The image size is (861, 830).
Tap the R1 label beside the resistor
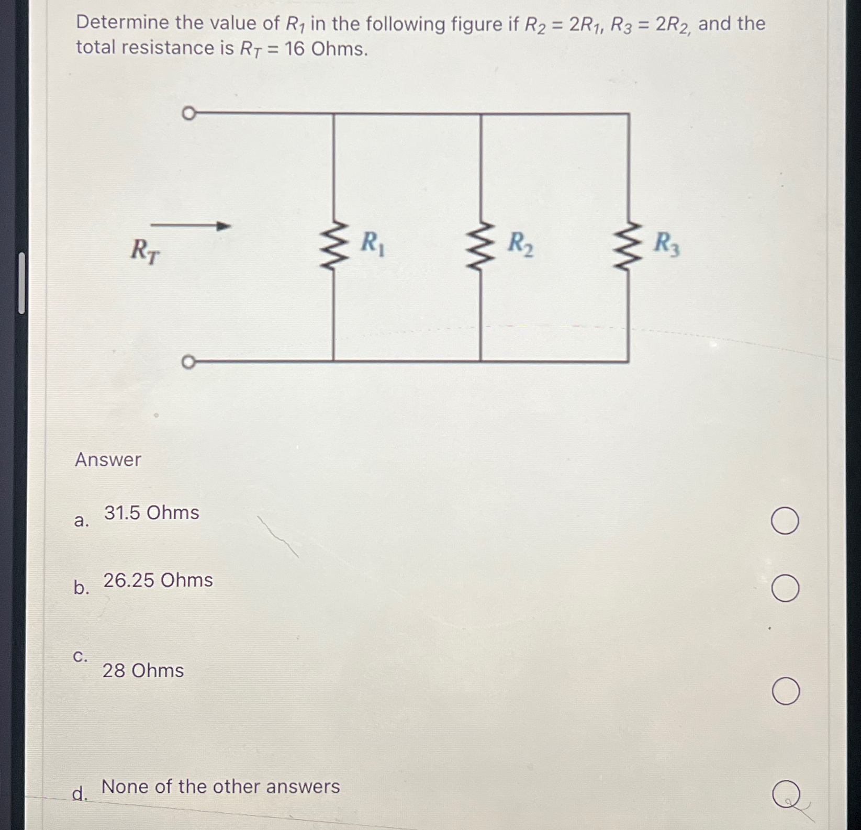click(373, 244)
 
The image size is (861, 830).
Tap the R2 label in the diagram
click(520, 244)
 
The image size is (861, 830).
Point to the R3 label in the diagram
click(667, 244)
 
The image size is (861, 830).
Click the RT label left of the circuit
click(145, 251)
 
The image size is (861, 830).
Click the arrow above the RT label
click(191, 226)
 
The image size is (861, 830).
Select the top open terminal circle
click(188, 113)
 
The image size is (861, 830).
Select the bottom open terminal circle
click(188, 362)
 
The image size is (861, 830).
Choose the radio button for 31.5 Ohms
click(785, 521)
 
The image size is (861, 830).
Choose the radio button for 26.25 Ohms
click(785, 588)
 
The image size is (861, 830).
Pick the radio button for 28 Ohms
click(785, 691)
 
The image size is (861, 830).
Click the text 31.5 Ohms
click(151, 513)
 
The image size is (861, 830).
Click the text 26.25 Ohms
click(158, 580)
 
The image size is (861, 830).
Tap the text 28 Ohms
click(143, 671)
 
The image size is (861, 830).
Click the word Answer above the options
click(108, 460)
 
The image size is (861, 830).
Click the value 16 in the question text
click(295, 49)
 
